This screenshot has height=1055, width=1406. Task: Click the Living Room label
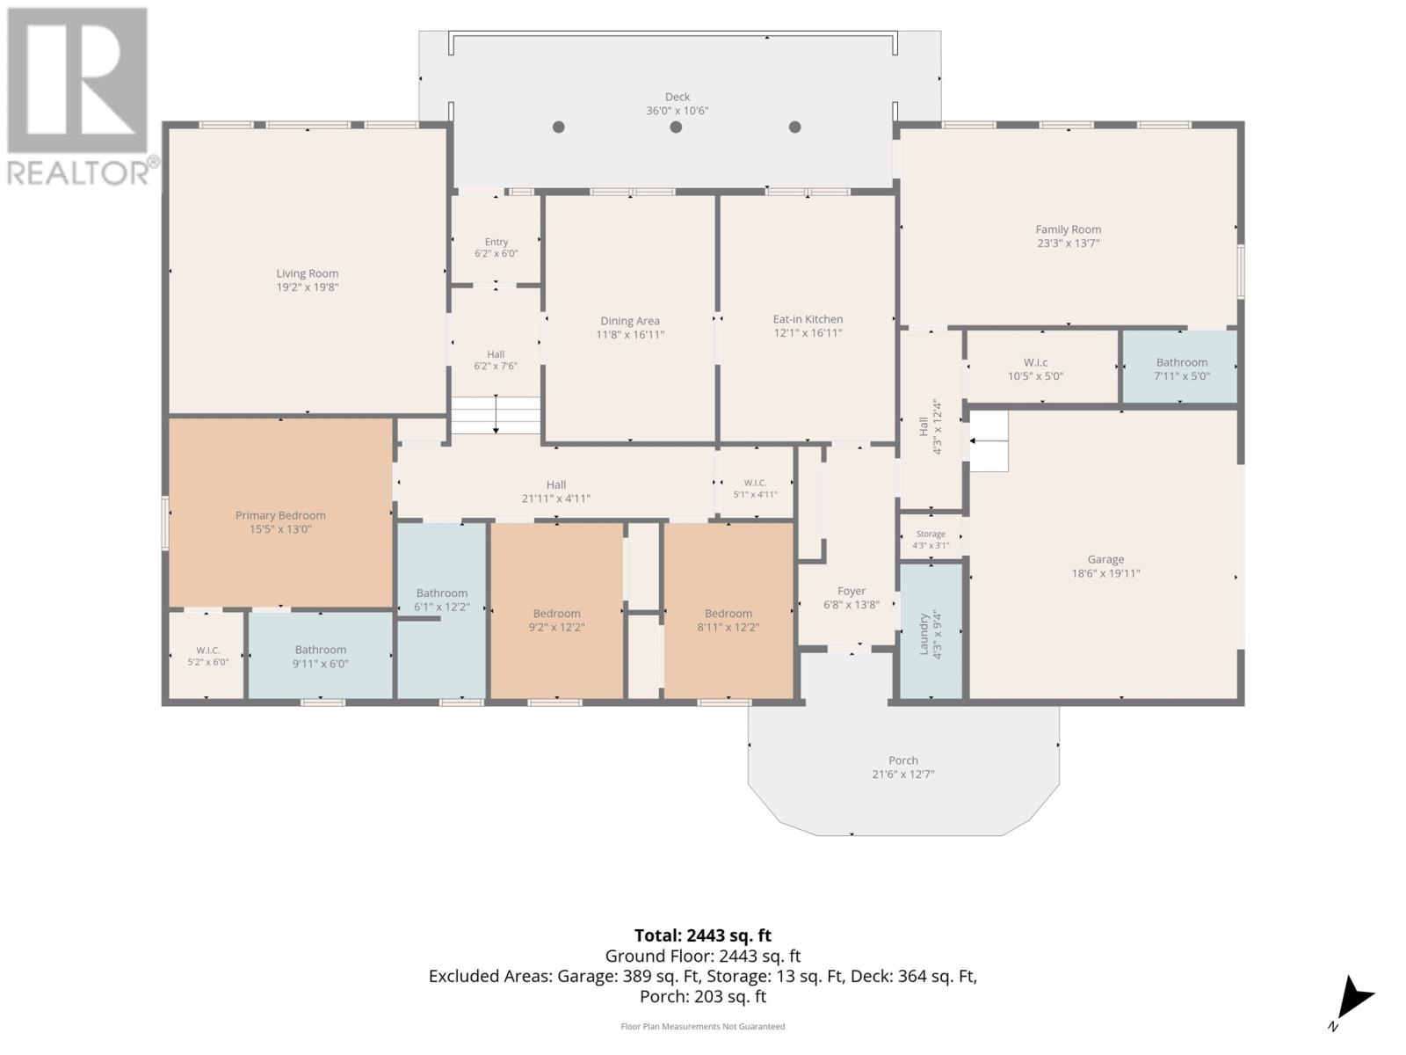click(x=307, y=273)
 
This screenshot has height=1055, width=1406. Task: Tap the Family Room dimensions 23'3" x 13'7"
click(x=1068, y=244)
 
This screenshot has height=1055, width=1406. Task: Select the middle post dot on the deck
click(x=676, y=127)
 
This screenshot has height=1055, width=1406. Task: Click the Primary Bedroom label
click(x=280, y=515)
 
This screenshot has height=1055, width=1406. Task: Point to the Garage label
click(x=1105, y=559)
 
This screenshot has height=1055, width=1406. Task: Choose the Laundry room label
click(x=924, y=634)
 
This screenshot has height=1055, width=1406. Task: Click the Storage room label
click(x=931, y=534)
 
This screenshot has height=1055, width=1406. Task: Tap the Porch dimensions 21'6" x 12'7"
click(x=903, y=775)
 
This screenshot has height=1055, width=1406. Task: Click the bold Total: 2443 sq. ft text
click(x=703, y=935)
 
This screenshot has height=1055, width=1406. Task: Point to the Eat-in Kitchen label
click(x=808, y=319)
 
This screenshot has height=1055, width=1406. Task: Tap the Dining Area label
click(x=630, y=321)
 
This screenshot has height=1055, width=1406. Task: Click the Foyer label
click(x=852, y=591)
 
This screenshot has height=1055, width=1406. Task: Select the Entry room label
click(x=496, y=242)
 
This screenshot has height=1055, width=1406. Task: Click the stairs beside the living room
click(x=496, y=415)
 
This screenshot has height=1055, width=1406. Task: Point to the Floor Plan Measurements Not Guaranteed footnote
click(x=703, y=1026)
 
